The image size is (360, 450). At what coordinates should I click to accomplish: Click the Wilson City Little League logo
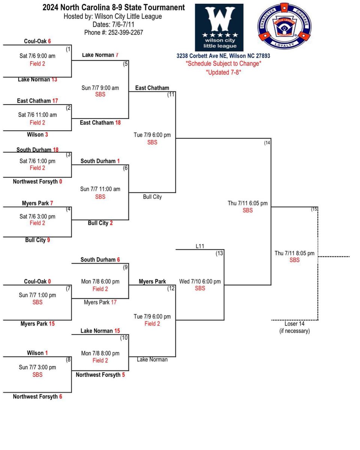[219, 27]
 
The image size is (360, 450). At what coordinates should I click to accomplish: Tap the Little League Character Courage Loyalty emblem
[284, 25]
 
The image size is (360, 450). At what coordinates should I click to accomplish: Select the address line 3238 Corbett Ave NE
[223, 56]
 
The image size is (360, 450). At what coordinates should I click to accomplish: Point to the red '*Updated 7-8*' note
[223, 72]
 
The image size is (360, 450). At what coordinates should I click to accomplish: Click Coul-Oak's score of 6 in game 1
[49, 42]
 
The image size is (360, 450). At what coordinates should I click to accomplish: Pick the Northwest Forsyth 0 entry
[37, 181]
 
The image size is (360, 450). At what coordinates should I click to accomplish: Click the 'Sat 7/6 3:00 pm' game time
[37, 216]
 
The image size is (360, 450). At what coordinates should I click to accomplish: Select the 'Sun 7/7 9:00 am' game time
[100, 88]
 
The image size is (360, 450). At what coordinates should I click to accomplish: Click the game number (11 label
[171, 94]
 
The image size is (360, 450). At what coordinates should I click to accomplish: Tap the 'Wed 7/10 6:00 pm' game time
[200, 281]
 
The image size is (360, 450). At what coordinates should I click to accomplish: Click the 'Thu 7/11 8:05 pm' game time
[294, 253]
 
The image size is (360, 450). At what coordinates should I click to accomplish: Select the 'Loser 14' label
[294, 324]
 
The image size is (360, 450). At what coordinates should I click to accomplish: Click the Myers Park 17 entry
[100, 302]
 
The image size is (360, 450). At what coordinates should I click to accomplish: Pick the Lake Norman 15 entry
[100, 331]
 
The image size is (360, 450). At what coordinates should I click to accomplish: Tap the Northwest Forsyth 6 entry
[37, 396]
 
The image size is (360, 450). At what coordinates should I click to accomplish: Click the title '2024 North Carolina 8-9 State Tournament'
[113, 7]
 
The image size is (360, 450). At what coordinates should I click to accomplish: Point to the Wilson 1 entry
[37, 353]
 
